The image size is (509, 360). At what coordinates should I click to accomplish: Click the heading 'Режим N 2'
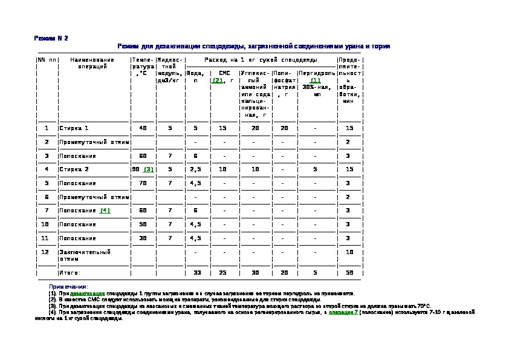51,38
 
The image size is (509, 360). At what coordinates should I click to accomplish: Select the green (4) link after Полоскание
105,211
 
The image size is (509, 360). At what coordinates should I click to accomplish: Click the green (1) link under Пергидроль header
315,80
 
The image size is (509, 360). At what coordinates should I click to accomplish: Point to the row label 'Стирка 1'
74,128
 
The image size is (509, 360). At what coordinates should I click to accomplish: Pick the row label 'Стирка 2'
74,169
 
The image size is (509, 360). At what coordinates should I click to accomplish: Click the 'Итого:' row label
70,273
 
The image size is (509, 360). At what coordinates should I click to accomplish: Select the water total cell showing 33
196,273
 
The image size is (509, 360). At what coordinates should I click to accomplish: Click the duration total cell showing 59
349,273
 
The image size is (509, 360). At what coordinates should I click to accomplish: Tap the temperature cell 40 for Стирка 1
143,128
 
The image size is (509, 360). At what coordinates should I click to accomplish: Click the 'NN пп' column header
47,60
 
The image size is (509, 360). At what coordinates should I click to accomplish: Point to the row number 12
46,252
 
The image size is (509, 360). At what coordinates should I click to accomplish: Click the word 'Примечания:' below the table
68,286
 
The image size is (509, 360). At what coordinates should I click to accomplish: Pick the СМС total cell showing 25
222,273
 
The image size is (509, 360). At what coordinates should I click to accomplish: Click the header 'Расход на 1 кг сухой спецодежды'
261,60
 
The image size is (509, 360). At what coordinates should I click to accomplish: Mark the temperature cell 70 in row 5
143,183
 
